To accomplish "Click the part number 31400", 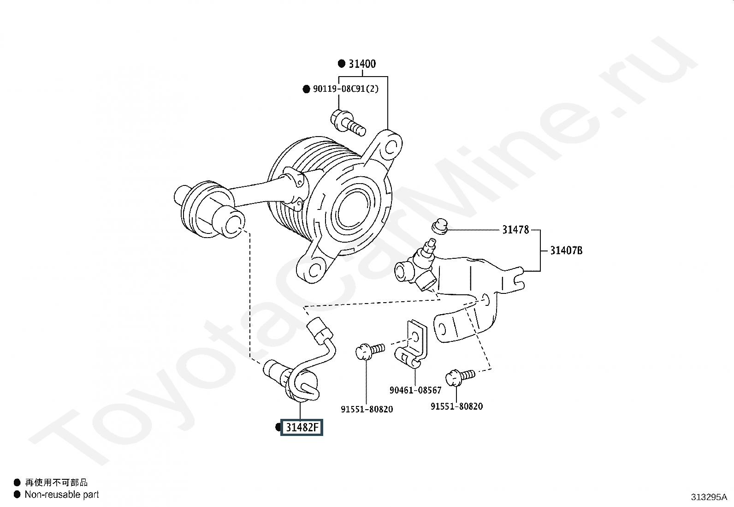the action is point(362,64).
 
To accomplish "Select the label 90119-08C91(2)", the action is point(346,89).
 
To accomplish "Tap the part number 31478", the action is point(516,230).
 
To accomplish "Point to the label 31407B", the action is point(566,251).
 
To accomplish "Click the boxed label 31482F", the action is point(302,427).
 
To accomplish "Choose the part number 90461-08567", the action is point(415,390).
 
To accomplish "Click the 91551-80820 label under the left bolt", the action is point(367,409).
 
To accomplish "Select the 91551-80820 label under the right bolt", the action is point(457,406).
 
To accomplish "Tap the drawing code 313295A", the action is point(709,497).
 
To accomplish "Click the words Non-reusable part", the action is point(62,495).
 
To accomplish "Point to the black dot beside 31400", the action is point(342,64).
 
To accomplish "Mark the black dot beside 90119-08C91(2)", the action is point(307,89).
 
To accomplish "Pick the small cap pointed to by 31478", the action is point(440,226).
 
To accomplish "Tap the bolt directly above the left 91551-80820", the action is point(370,351).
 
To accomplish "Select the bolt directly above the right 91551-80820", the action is point(460,377).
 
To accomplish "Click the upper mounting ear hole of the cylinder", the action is point(391,148).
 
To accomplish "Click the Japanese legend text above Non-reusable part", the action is point(56,483).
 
